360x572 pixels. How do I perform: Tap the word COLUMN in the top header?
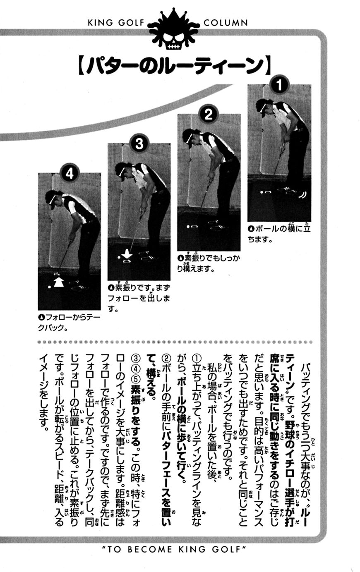[226, 23]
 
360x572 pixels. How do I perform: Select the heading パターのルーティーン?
[175, 66]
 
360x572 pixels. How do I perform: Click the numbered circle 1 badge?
[279, 85]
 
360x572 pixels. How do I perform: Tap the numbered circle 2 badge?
[209, 115]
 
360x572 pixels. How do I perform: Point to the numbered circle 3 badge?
[139, 144]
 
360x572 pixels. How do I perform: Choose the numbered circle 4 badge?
[70, 174]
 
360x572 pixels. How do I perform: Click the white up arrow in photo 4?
[58, 282]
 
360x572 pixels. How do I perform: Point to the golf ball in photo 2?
[188, 227]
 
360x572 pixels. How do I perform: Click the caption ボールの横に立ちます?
[279, 233]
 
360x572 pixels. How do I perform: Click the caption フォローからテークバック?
[69, 323]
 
